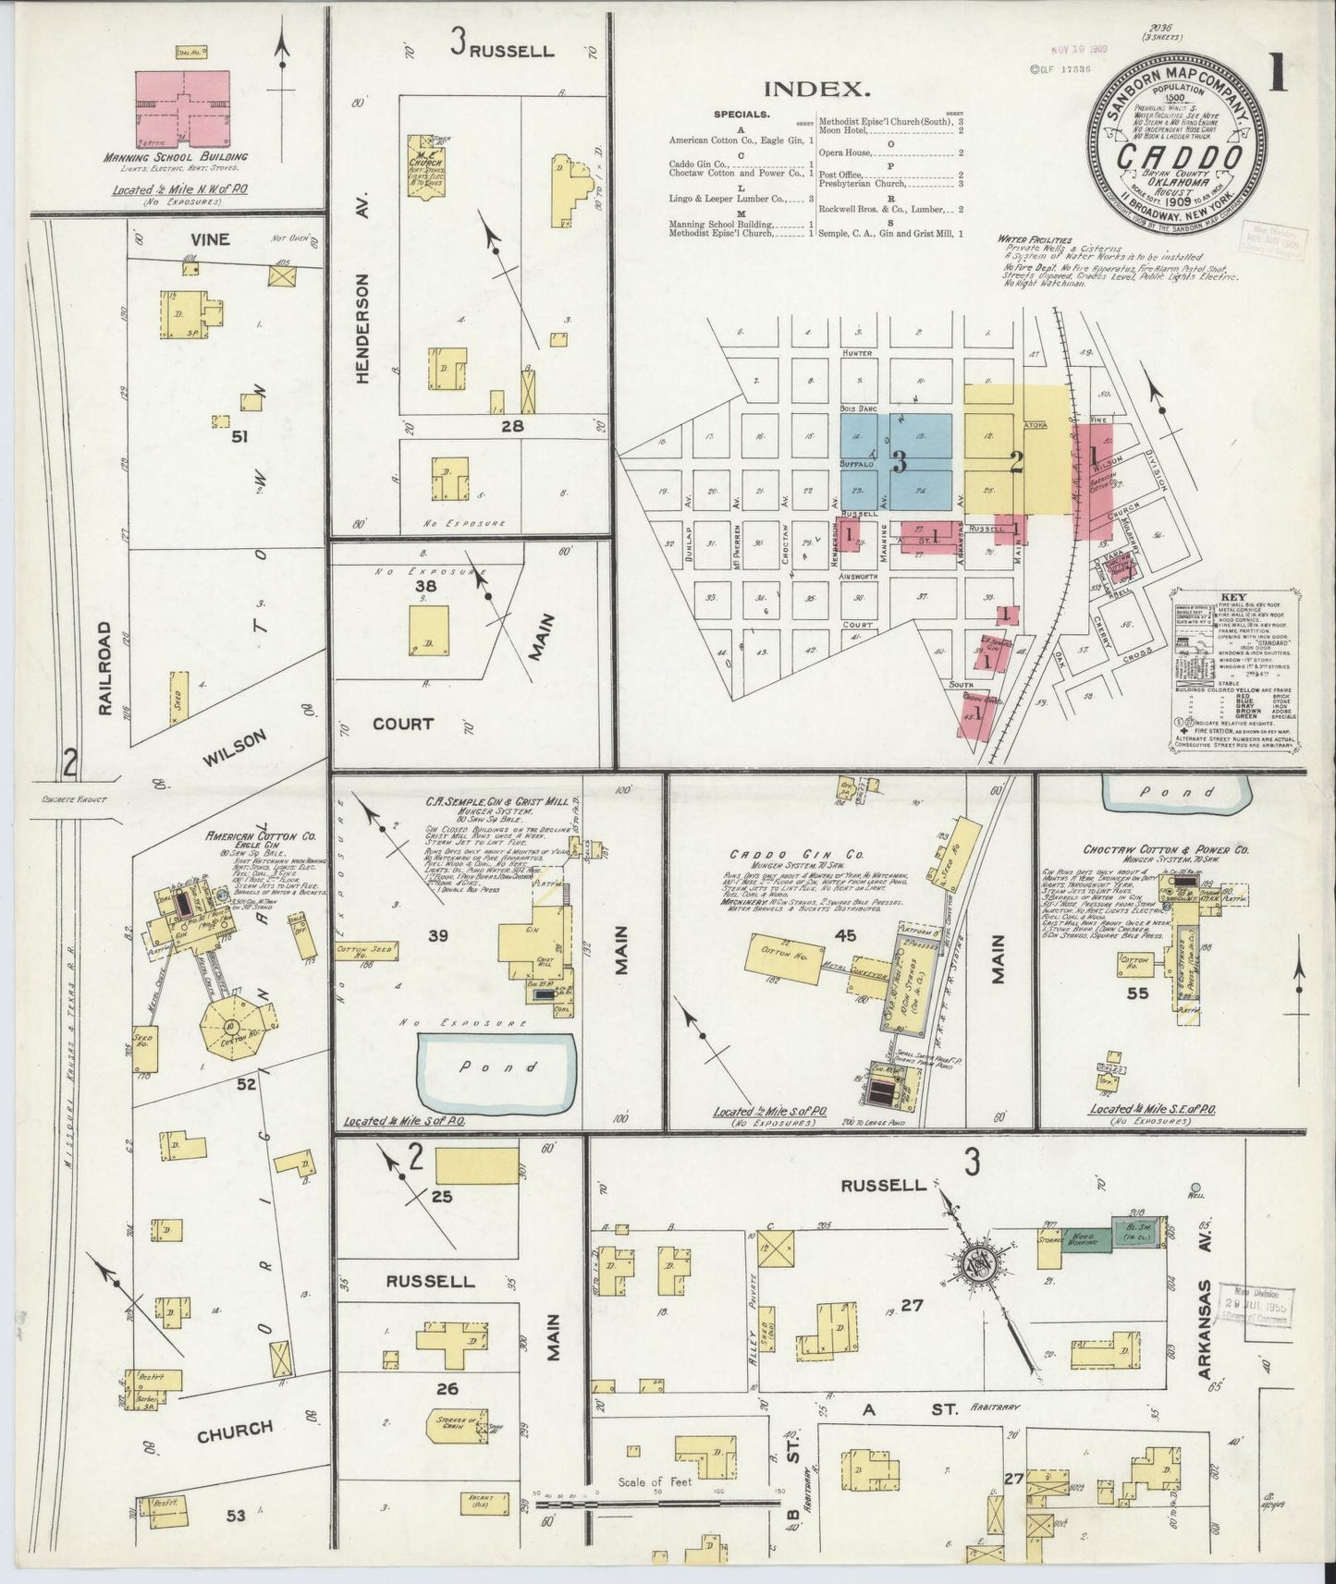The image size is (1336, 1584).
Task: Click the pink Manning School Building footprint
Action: click(183, 106)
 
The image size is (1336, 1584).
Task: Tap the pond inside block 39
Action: click(499, 1069)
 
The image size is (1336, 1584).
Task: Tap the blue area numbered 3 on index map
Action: click(896, 461)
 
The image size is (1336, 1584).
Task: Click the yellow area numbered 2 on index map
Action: click(1015, 461)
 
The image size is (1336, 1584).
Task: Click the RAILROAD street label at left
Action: click(104, 667)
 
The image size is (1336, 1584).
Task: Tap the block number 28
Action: click(511, 425)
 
